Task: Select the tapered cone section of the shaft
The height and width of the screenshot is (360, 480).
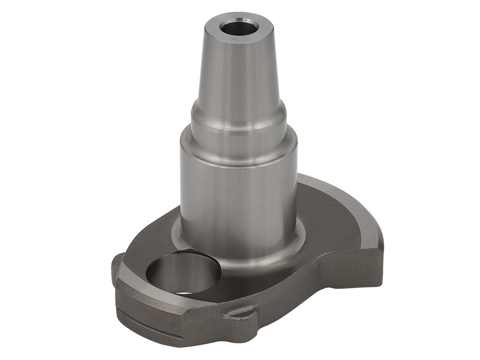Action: pyautogui.click(x=239, y=70)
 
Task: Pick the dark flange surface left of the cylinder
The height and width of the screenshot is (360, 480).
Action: pyautogui.click(x=155, y=237)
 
